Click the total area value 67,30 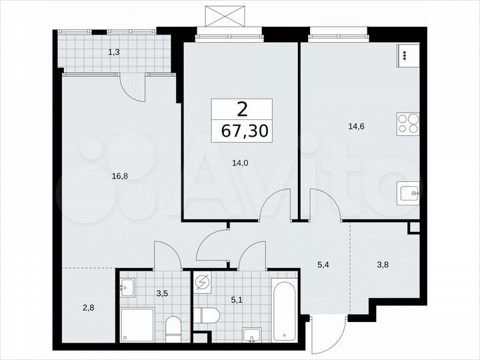(241, 131)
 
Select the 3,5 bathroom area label (162, 291)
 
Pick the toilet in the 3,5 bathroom (173, 327)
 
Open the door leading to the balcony (131, 87)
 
